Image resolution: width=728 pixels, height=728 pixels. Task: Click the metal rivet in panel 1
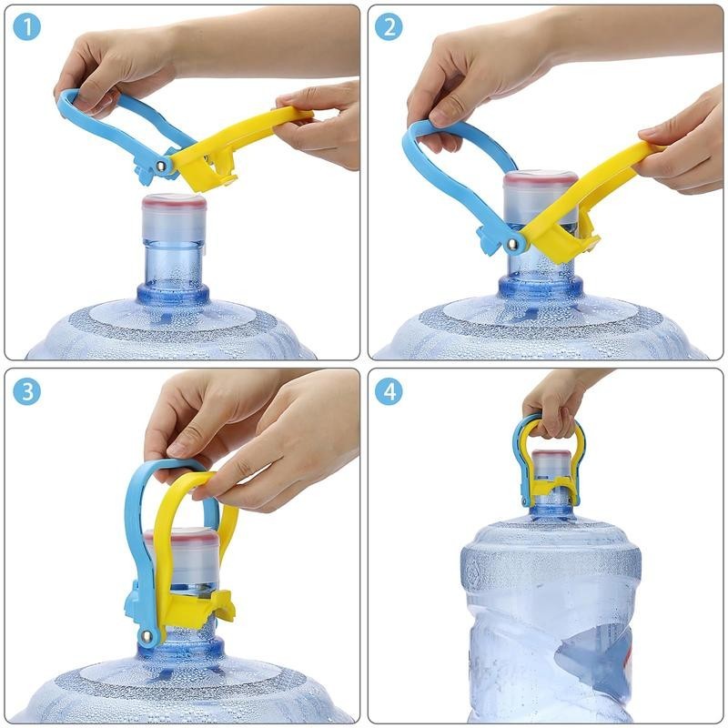(162, 166)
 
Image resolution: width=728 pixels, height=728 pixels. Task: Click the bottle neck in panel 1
(173, 255)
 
